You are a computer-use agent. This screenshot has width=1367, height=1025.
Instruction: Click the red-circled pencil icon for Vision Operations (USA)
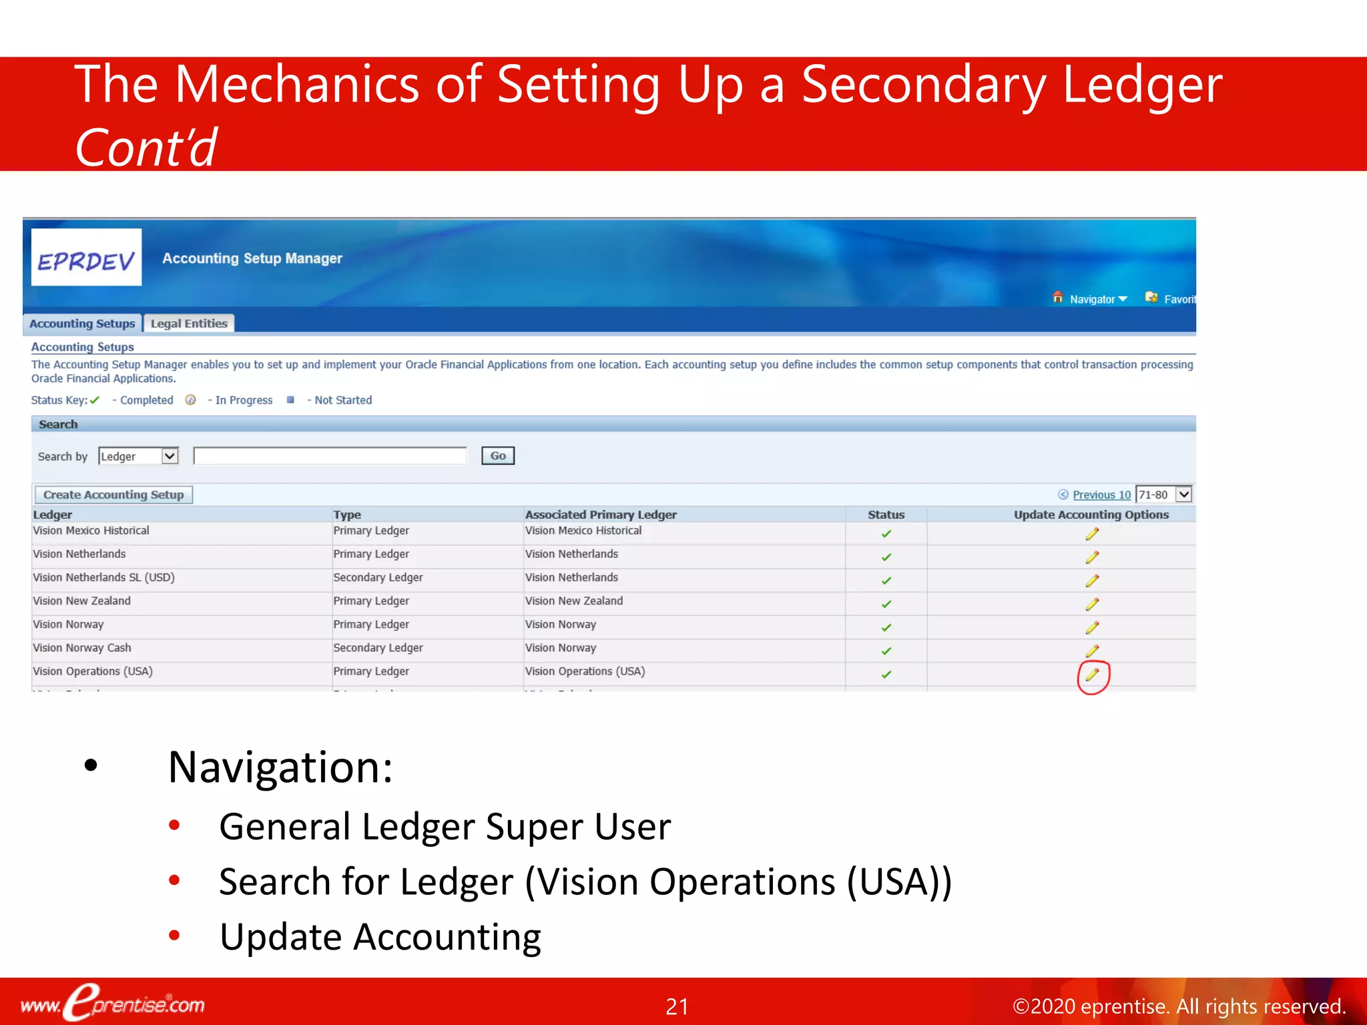point(1092,675)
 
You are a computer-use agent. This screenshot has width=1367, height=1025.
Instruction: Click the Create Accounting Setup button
point(113,494)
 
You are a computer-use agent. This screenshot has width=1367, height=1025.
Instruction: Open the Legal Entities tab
point(189,324)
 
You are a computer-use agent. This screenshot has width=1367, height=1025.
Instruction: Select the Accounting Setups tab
point(82,324)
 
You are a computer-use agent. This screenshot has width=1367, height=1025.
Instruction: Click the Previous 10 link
point(1101,494)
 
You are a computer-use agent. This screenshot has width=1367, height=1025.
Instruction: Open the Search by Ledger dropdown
point(138,456)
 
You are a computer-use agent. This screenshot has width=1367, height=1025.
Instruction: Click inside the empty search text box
point(330,456)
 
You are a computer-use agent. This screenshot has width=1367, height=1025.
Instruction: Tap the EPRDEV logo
point(86,258)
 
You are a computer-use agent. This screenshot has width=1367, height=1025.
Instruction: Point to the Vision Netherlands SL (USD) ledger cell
point(103,578)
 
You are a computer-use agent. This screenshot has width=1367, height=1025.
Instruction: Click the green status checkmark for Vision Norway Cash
point(886,651)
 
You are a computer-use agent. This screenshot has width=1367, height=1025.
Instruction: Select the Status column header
point(886,515)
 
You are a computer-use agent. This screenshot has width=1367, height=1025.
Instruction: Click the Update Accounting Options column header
point(1091,515)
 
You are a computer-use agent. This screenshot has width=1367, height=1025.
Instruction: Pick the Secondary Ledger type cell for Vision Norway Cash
point(378,648)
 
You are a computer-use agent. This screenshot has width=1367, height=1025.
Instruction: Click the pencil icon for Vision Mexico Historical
point(1092,534)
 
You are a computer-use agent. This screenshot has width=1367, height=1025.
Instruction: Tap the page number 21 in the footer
point(677,1006)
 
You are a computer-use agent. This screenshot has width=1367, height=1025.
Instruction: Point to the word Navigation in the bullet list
point(280,767)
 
